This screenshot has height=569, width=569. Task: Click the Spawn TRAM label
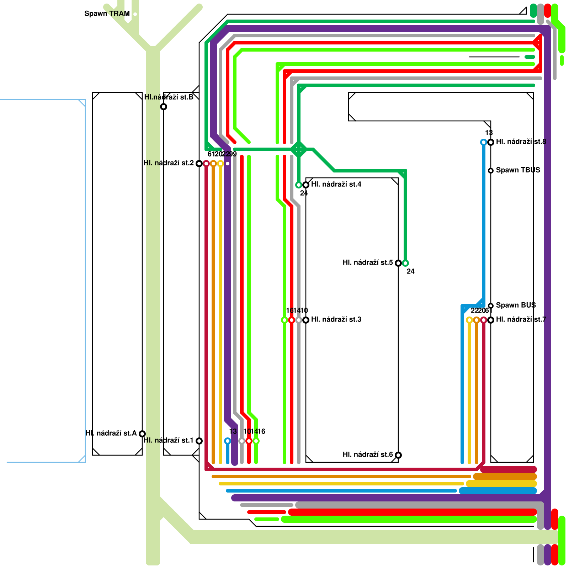tap(107, 14)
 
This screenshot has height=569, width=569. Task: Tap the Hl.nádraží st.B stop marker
tap(164, 107)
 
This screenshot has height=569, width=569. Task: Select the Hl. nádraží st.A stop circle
tap(142, 434)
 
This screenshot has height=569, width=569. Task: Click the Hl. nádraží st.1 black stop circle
tap(199, 441)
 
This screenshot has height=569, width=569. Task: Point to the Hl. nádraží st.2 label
tap(169, 163)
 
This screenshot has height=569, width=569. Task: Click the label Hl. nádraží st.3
tap(336, 319)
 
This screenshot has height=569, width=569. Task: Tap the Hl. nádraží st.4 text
tap(336, 184)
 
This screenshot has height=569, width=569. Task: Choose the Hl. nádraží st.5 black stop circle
tap(398, 263)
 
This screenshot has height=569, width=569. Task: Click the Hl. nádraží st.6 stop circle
tap(398, 455)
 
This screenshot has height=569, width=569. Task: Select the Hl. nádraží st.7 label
tap(521, 319)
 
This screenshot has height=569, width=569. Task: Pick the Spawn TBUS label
tap(518, 170)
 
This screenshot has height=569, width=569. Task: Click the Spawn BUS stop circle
tap(491, 306)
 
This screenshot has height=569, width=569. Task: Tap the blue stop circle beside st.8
tap(484, 142)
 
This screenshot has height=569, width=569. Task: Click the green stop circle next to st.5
tap(405, 263)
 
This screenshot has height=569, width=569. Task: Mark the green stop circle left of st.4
tap(299, 185)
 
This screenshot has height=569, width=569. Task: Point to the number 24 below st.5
tap(410, 271)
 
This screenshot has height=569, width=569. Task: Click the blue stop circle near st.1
tap(228, 441)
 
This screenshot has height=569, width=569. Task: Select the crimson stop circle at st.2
tap(206, 164)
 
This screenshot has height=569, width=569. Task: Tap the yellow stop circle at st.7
tap(469, 320)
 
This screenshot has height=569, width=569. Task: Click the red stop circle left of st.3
tap(292, 320)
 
